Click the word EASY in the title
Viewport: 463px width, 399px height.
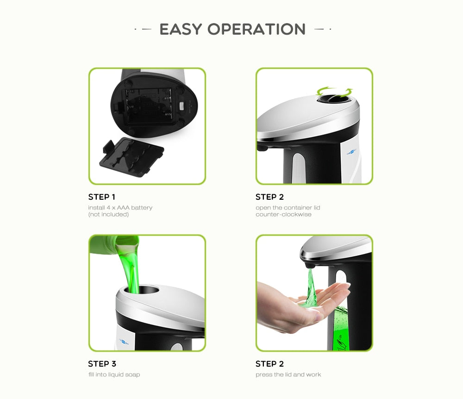coord(181,29)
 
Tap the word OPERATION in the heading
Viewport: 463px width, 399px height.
coord(257,29)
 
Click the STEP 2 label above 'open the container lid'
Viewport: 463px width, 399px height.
coord(269,197)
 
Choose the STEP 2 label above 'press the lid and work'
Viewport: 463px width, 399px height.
coord(269,364)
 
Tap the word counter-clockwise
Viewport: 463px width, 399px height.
coord(283,215)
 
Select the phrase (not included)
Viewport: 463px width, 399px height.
coord(108,215)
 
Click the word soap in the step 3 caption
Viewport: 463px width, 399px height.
coord(132,374)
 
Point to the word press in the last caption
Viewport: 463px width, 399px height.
coord(263,374)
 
